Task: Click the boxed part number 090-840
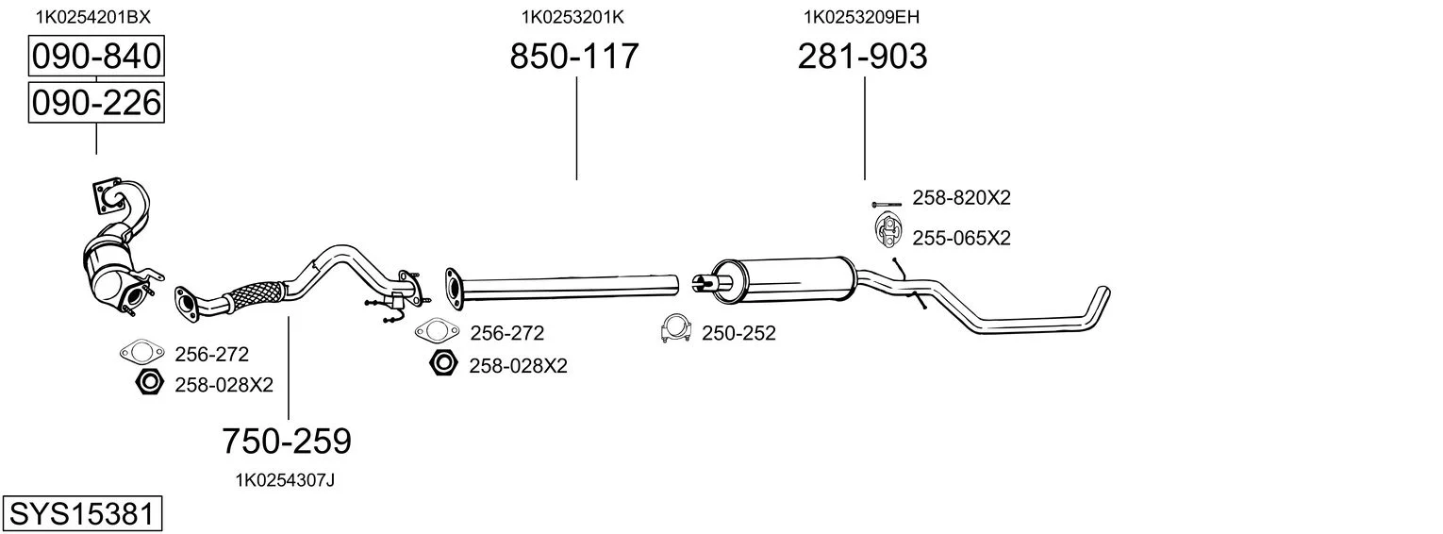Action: coord(96,56)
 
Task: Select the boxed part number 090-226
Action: coord(96,103)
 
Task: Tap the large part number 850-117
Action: coord(574,56)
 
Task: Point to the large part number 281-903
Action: coord(863,56)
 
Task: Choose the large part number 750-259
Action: coord(287,442)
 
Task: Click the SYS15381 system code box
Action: coord(82,514)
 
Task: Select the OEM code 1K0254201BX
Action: coord(92,17)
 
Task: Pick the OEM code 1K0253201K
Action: coord(572,17)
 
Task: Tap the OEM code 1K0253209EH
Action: coord(861,17)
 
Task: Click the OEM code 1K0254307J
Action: coord(285,480)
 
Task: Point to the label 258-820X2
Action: coord(961,198)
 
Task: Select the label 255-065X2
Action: coord(961,239)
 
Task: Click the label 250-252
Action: coord(738,333)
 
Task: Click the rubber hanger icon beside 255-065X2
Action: coord(887,231)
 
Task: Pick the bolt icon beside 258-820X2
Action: coord(887,204)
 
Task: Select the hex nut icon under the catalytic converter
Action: coord(149,383)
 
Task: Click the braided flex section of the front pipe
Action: coord(256,295)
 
